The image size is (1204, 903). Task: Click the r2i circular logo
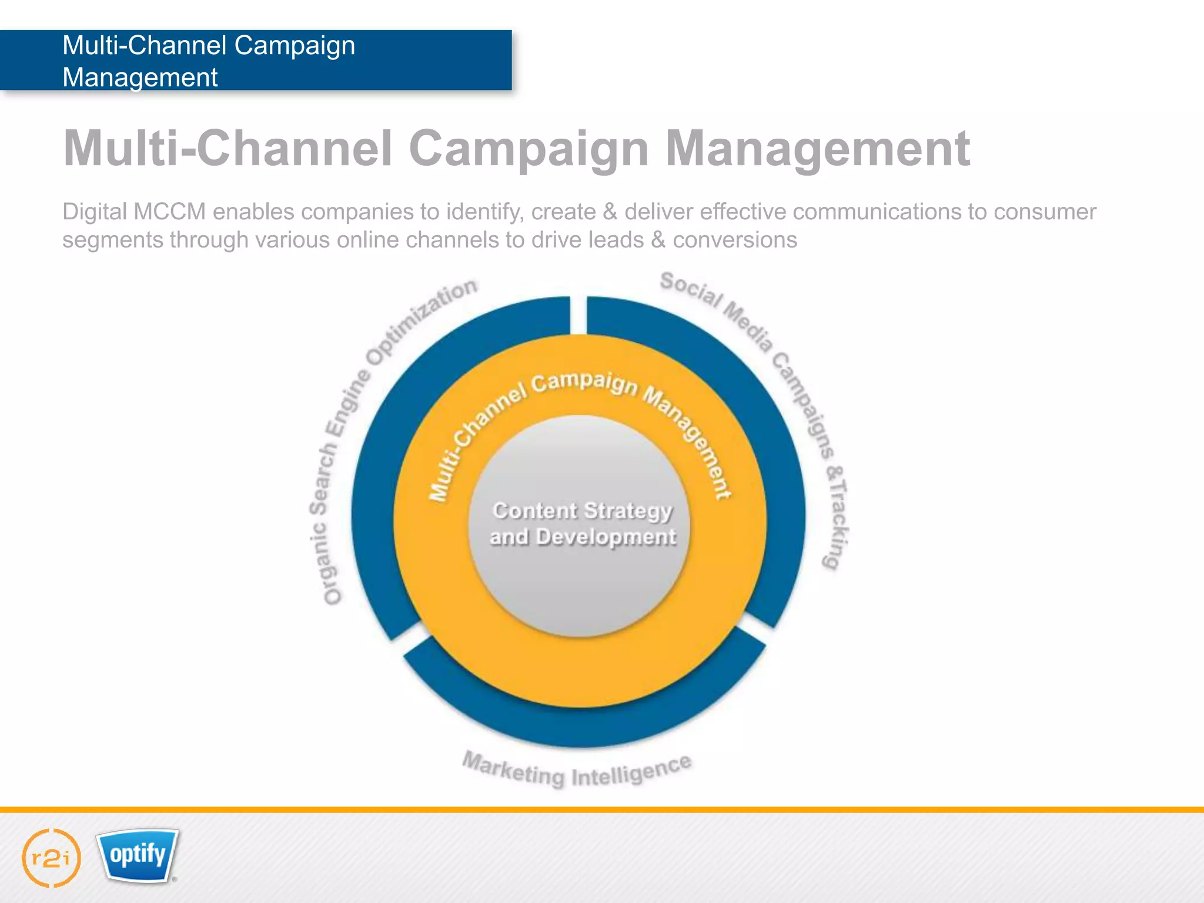click(51, 858)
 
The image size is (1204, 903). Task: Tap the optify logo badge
click(138, 855)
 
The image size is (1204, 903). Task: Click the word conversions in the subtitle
click(735, 240)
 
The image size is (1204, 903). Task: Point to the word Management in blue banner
click(140, 78)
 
